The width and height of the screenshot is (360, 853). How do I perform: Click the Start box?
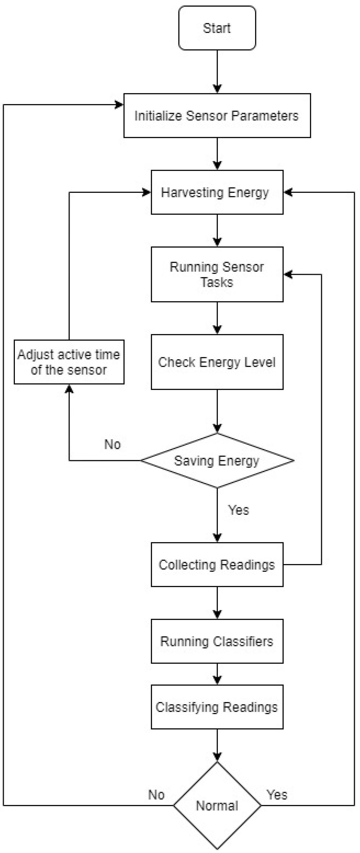pos(217,28)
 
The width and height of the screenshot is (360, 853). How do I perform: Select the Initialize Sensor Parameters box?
pos(217,115)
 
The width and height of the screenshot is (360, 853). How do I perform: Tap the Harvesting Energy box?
pos(217,192)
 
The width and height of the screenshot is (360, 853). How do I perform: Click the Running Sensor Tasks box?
pos(217,274)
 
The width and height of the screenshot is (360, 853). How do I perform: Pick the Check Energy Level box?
pos(217,362)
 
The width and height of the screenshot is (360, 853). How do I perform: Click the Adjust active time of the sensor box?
pos(69,362)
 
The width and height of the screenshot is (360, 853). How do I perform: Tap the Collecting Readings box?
pos(217,565)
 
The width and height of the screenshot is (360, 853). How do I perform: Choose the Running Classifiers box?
pos(217,641)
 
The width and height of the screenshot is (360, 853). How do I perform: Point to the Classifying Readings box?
pos(217,707)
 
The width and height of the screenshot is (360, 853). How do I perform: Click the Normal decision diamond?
pos(217,805)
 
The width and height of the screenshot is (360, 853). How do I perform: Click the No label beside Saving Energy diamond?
pos(112,444)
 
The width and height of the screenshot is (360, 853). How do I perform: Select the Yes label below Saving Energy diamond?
pos(238,510)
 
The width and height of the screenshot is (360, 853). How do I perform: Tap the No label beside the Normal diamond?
pos(156,795)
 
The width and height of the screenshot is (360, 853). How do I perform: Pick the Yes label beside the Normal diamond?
pos(277,795)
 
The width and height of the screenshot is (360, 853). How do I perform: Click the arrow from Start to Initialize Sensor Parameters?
pos(217,71)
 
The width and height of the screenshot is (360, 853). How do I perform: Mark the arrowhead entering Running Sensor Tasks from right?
pos(288,275)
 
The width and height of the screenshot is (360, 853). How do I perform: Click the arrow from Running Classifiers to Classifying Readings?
pos(217,674)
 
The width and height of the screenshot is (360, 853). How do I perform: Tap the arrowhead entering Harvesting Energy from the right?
pos(288,192)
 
